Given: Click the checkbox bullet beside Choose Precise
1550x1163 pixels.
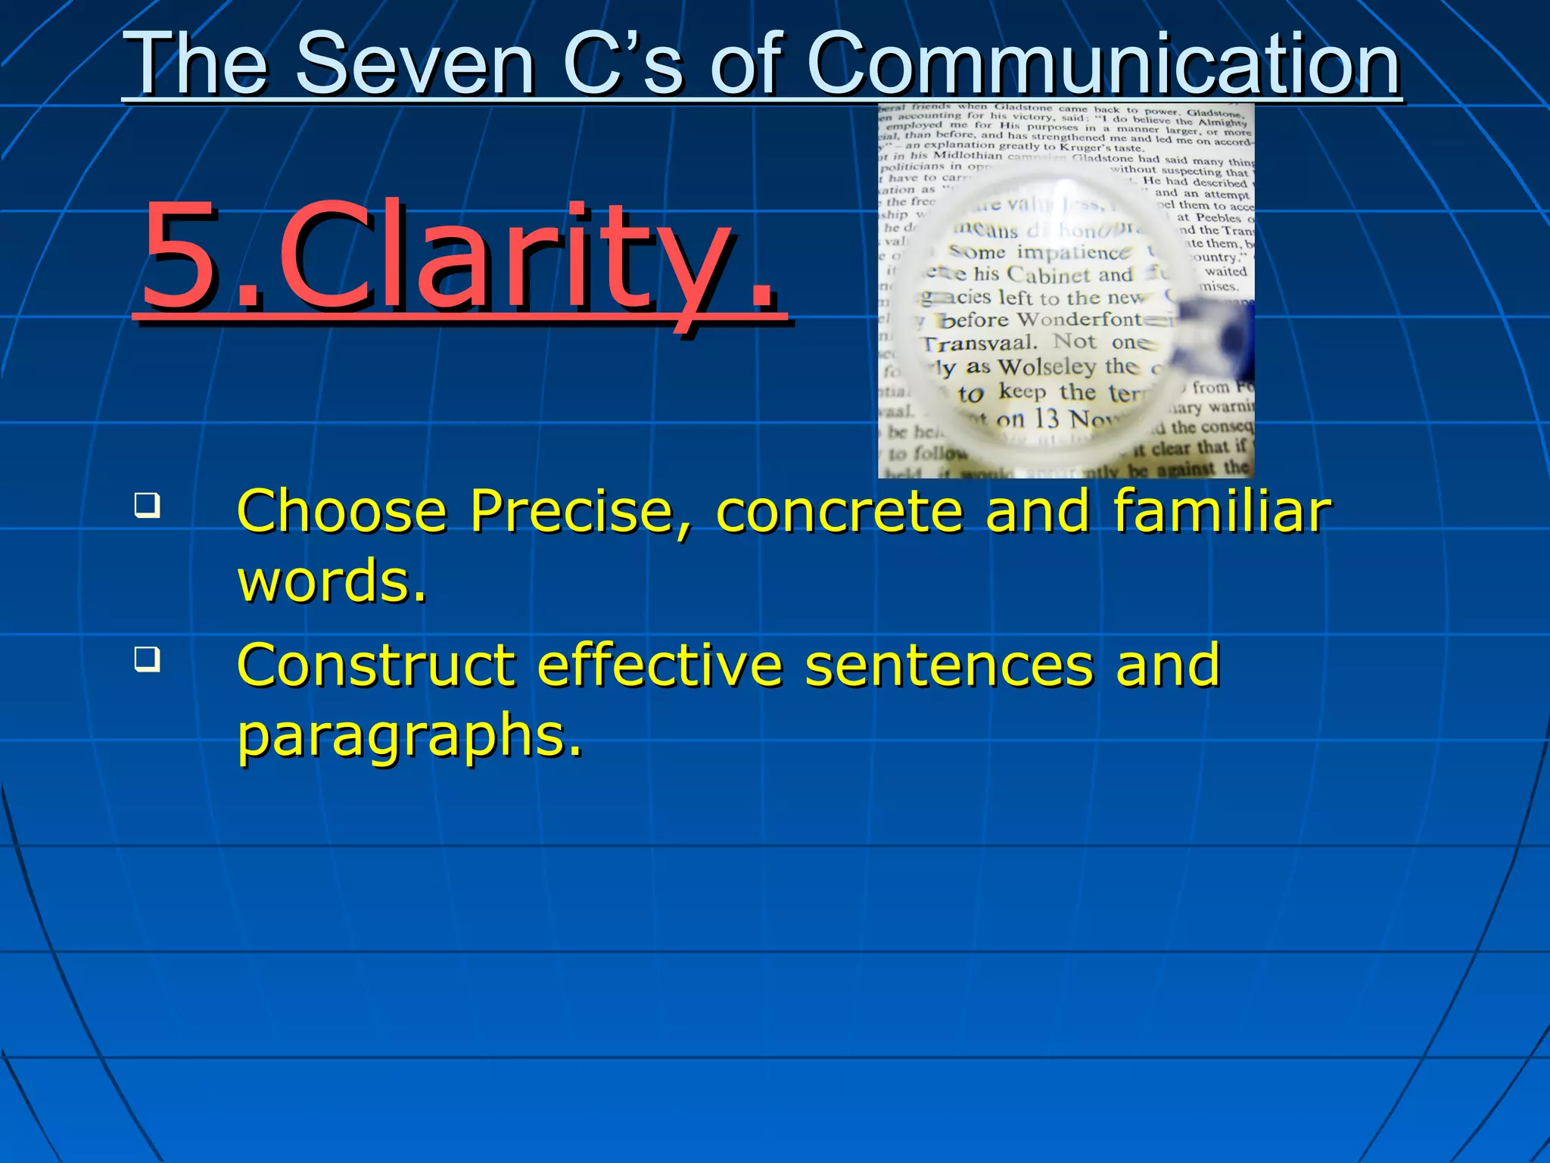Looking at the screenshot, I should pyautogui.click(x=147, y=505).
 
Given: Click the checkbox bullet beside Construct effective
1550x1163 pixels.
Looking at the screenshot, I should pyautogui.click(x=147, y=659).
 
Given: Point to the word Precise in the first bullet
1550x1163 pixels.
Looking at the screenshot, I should pyautogui.click(x=571, y=511).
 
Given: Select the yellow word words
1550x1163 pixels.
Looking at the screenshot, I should pyautogui.click(x=331, y=581).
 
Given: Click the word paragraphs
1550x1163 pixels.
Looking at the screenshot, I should pyautogui.click(x=409, y=737).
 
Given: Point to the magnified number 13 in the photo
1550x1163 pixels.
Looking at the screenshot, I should pyautogui.click(x=1046, y=417).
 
